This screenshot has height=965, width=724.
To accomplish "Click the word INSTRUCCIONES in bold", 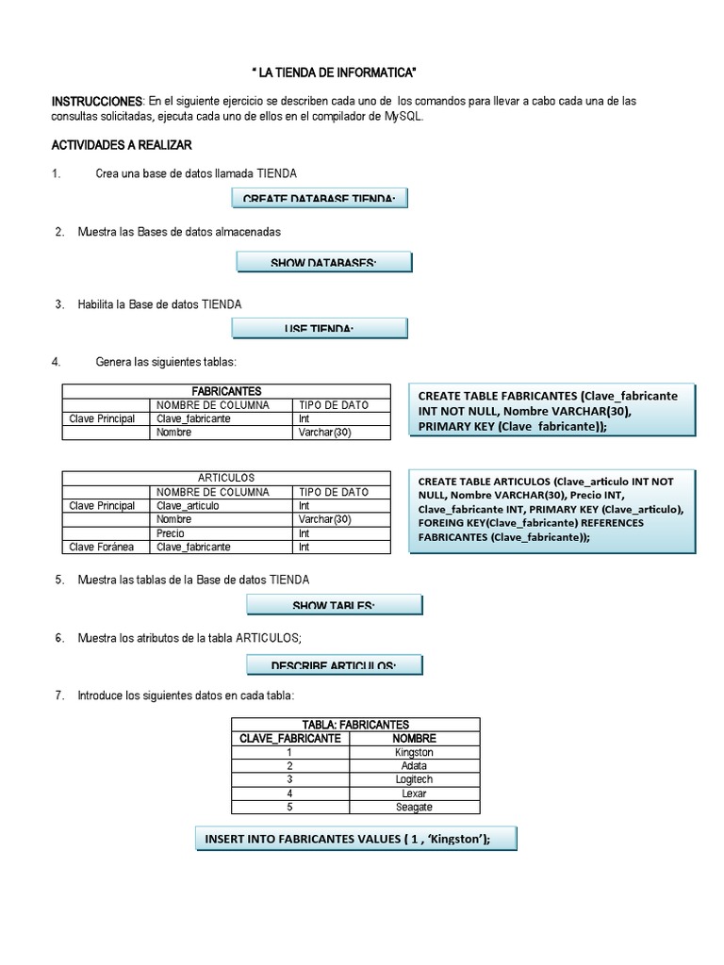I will tap(95, 101).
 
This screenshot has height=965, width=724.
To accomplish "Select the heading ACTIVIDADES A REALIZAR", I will tap(122, 145).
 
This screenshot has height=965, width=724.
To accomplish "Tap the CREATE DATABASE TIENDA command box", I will tap(320, 197).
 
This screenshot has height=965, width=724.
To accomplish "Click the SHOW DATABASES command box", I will tap(323, 262).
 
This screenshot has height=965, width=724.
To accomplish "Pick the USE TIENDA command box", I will tap(320, 327).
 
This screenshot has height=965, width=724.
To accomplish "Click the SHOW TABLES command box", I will tap(335, 604).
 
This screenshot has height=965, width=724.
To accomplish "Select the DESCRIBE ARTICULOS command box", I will tap(335, 665).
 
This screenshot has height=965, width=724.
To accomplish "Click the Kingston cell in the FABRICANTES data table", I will tap(414, 753).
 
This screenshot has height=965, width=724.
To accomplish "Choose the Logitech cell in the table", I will tap(414, 779).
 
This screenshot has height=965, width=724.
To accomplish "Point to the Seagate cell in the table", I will tap(414, 807).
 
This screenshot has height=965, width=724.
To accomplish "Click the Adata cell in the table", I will tap(414, 766).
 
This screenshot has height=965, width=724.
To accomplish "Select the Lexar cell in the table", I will tap(414, 793).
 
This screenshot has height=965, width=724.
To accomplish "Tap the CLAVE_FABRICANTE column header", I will tap(290, 739).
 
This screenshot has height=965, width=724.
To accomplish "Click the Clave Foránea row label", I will tap(103, 547).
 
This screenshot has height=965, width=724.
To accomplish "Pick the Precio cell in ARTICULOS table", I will tap(171, 533).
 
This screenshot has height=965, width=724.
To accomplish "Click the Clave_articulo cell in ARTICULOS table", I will tap(188, 506).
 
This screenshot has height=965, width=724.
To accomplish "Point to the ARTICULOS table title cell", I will tap(226, 478).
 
